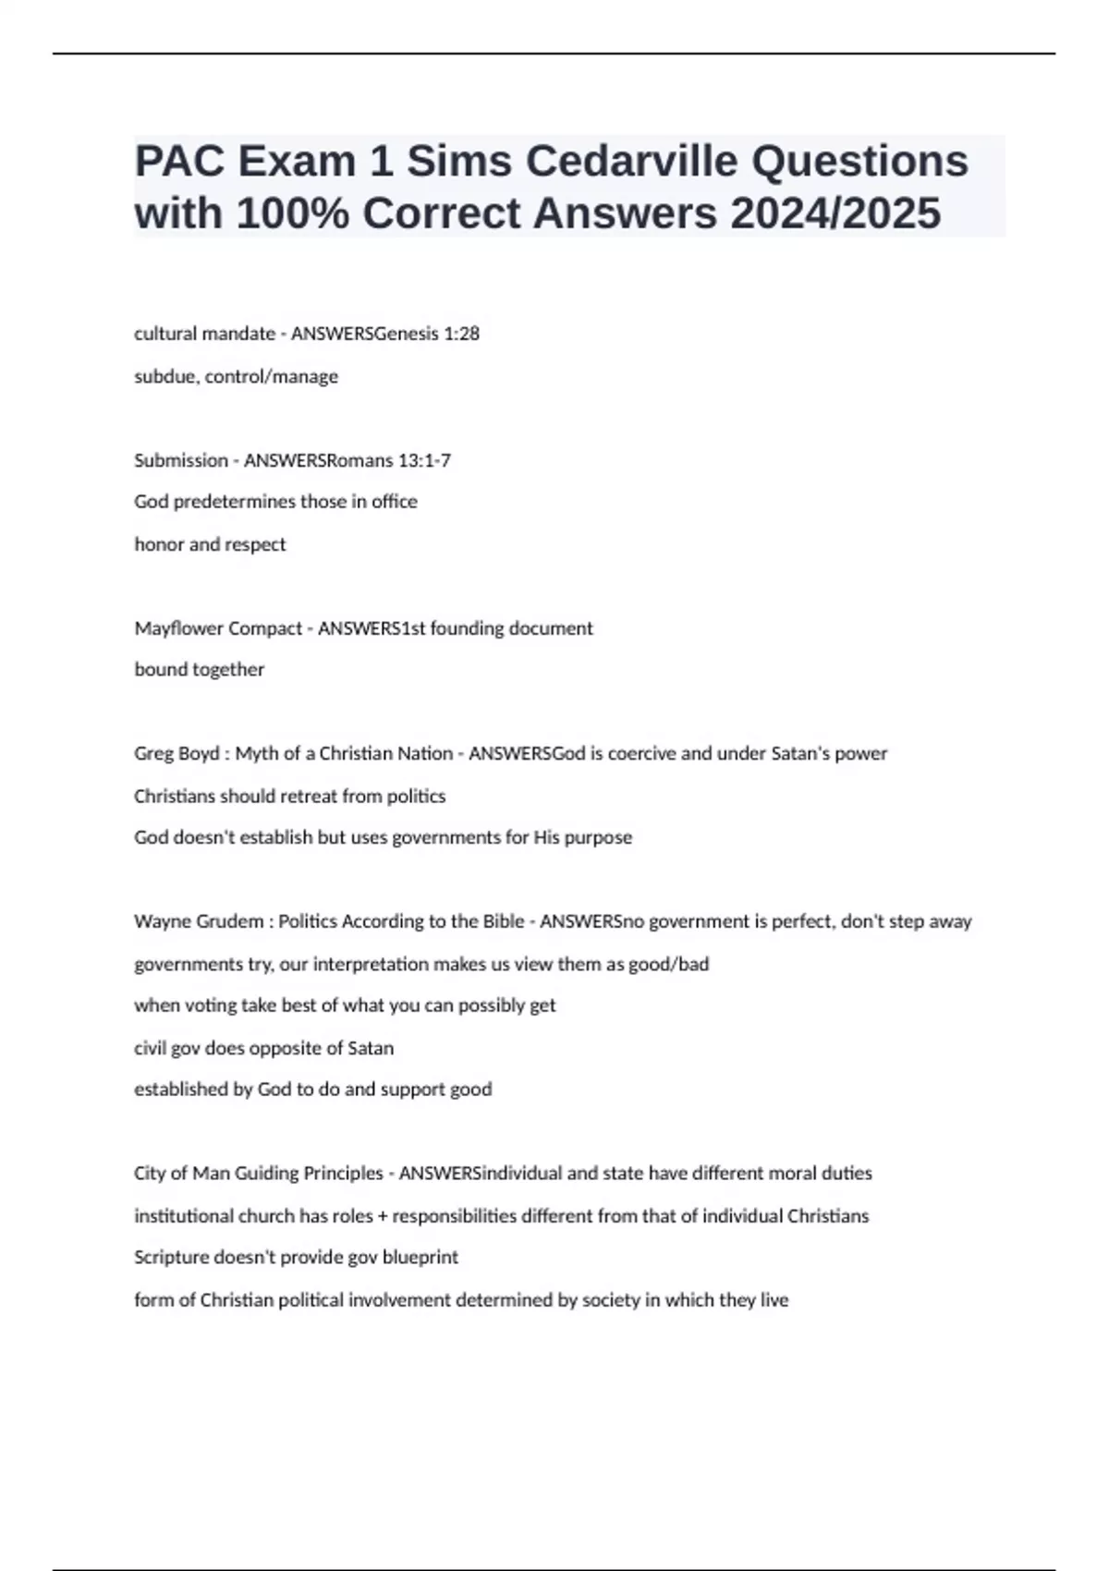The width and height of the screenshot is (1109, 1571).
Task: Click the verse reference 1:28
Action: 461,334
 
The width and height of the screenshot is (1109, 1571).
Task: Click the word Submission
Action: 181,460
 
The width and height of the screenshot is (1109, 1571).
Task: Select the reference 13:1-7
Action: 420,460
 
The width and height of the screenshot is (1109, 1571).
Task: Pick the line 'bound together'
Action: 200,670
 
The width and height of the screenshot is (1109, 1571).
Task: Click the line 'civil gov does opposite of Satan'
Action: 264,1049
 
